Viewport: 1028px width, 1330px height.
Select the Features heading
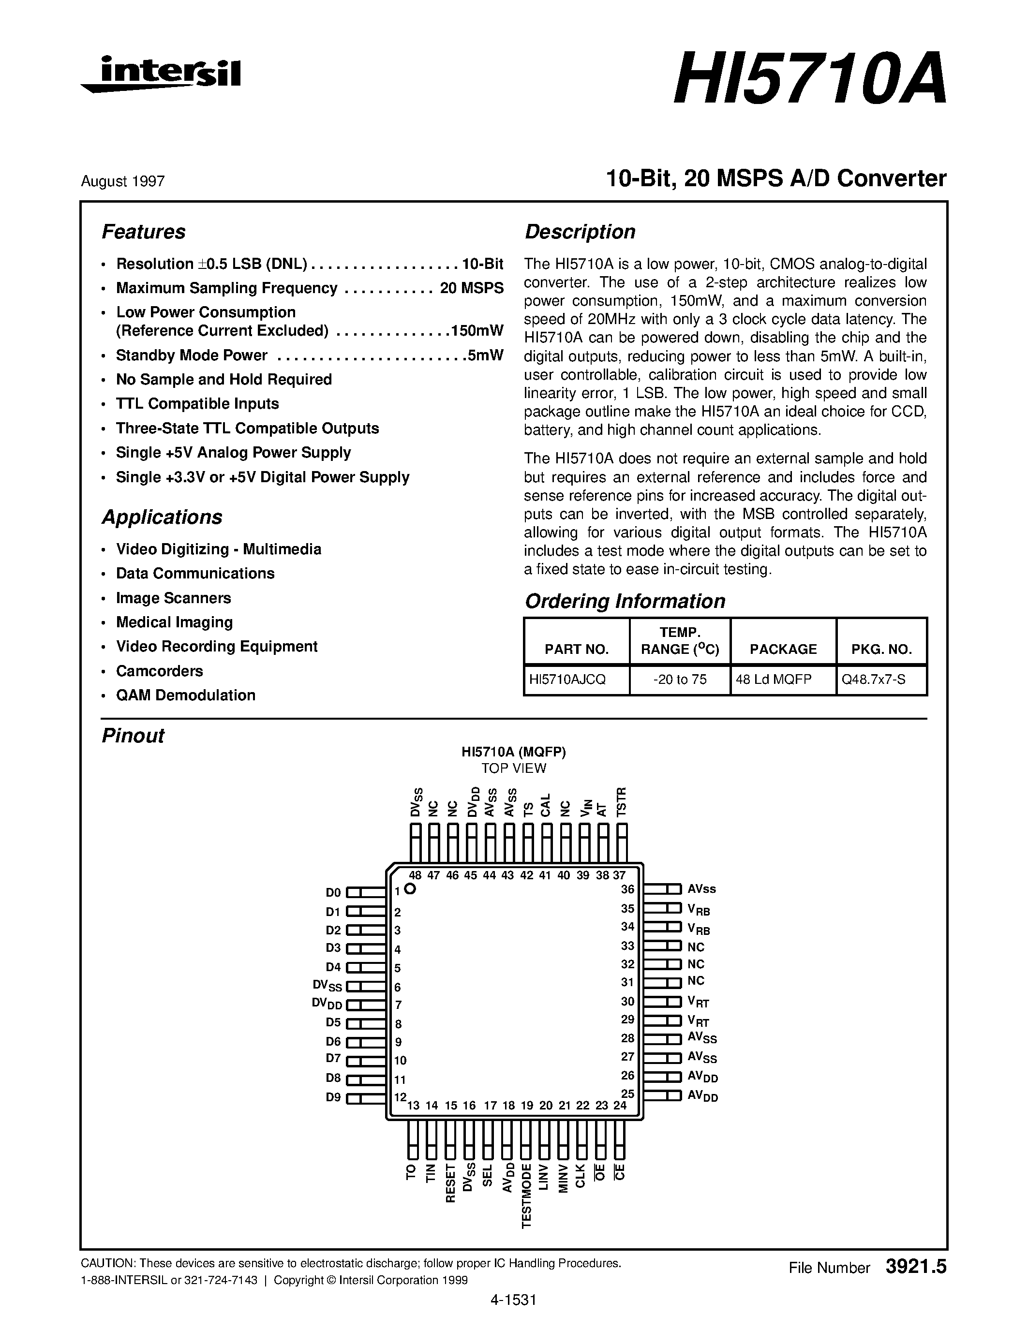click(143, 232)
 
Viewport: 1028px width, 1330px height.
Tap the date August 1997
click(122, 181)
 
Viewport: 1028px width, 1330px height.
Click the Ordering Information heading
click(625, 601)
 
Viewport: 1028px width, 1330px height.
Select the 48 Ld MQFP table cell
click(774, 680)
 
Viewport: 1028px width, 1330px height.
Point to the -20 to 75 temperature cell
click(680, 680)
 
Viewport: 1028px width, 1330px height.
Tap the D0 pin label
click(333, 893)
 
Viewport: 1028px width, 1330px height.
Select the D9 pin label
click(333, 1098)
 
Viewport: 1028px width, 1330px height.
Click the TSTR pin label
click(621, 801)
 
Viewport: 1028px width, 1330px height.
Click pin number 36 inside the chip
click(627, 889)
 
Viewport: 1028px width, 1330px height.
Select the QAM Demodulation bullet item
click(186, 695)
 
